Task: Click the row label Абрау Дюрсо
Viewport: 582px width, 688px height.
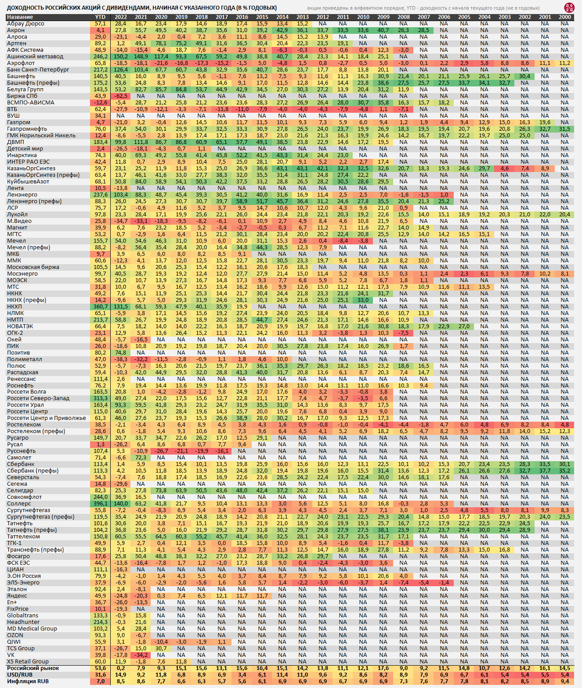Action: coord(25,24)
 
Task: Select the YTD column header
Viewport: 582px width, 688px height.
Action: coord(100,17)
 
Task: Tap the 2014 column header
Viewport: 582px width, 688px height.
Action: coord(282,17)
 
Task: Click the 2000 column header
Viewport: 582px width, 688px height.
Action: coord(565,17)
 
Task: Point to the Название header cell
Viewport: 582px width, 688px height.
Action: coord(20,17)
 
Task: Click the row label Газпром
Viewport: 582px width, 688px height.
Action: coord(18,122)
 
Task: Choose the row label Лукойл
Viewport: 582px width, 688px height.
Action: coord(17,215)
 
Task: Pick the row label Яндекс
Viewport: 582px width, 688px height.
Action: coord(17,596)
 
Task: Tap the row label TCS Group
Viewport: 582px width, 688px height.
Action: coord(21,649)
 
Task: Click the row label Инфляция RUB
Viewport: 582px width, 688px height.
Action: coord(28,681)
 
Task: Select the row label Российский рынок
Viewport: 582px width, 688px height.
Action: coord(33,668)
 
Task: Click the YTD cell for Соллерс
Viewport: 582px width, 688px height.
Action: coord(100,504)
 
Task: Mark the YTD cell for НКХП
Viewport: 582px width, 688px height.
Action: coord(100,307)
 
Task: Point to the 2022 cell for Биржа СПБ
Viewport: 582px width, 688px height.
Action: coord(120,96)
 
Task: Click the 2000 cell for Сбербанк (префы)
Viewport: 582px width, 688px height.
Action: coord(565,471)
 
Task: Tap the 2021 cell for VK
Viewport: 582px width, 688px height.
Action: coord(141,655)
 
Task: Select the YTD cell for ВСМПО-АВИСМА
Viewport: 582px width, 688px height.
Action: coord(100,103)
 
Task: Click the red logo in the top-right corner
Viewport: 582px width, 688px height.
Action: coord(569,7)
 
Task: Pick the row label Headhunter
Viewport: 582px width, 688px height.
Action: coord(23,622)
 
